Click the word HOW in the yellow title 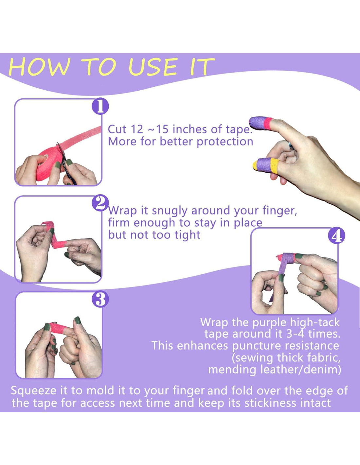tap(39, 67)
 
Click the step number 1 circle tap(100, 106)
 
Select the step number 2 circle tap(100, 203)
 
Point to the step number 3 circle tap(100, 299)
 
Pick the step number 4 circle tap(337, 235)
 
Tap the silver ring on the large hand tap(292, 147)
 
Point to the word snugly tap(170, 211)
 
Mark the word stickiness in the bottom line tap(271, 403)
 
